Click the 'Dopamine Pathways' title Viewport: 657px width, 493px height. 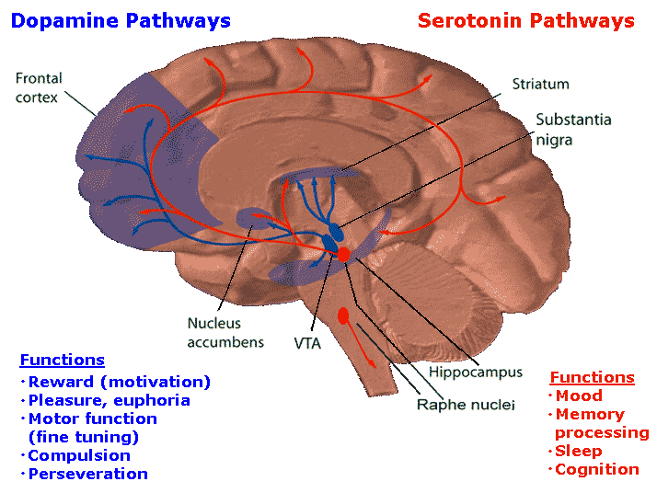pos(121,20)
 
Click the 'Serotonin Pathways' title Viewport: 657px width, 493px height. pos(525,20)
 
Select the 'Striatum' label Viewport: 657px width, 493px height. pos(540,84)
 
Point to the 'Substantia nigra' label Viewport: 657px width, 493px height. pos(573,130)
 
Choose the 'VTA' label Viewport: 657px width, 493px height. pos(307,343)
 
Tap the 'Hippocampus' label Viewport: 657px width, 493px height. pos(475,373)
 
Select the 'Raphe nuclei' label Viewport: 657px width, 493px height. pos(466,404)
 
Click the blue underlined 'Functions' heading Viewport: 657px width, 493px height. pos(62,360)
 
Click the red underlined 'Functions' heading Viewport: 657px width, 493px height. pos(592,377)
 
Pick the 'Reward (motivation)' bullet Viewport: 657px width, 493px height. pos(119,382)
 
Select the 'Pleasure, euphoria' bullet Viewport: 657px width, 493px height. pos(109,400)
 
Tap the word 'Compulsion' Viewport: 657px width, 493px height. pos(79,455)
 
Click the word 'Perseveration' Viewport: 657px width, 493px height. pos(87,474)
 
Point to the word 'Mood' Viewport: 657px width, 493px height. pos(579,396)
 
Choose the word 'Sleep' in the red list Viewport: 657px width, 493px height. pos(578,451)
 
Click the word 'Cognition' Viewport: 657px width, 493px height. pos(596,469)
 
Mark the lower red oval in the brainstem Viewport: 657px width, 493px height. pos(343,315)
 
